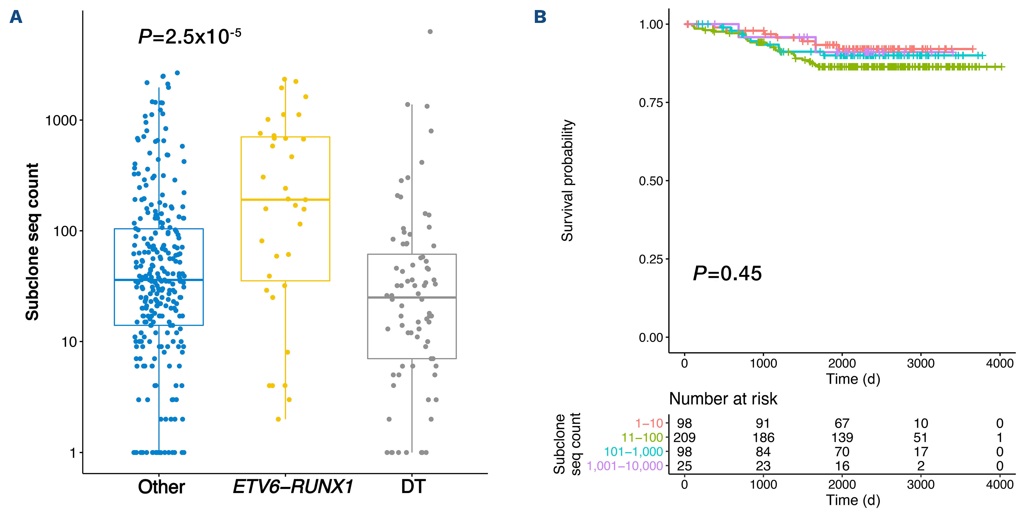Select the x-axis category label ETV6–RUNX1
click(293, 487)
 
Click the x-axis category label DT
click(413, 487)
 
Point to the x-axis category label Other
click(161, 487)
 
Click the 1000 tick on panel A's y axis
click(61, 120)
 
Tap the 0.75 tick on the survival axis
click(651, 103)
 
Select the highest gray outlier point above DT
click(430, 32)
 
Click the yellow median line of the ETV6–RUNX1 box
click(285, 199)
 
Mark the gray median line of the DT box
click(412, 297)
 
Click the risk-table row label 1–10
click(649, 423)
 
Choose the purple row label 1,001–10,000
click(625, 466)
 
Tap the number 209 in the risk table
click(684, 437)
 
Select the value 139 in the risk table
click(842, 437)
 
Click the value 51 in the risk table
click(920, 437)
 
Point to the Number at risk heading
click(723, 399)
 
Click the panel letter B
click(540, 17)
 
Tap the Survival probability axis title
click(567, 180)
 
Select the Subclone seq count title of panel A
click(32, 242)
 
